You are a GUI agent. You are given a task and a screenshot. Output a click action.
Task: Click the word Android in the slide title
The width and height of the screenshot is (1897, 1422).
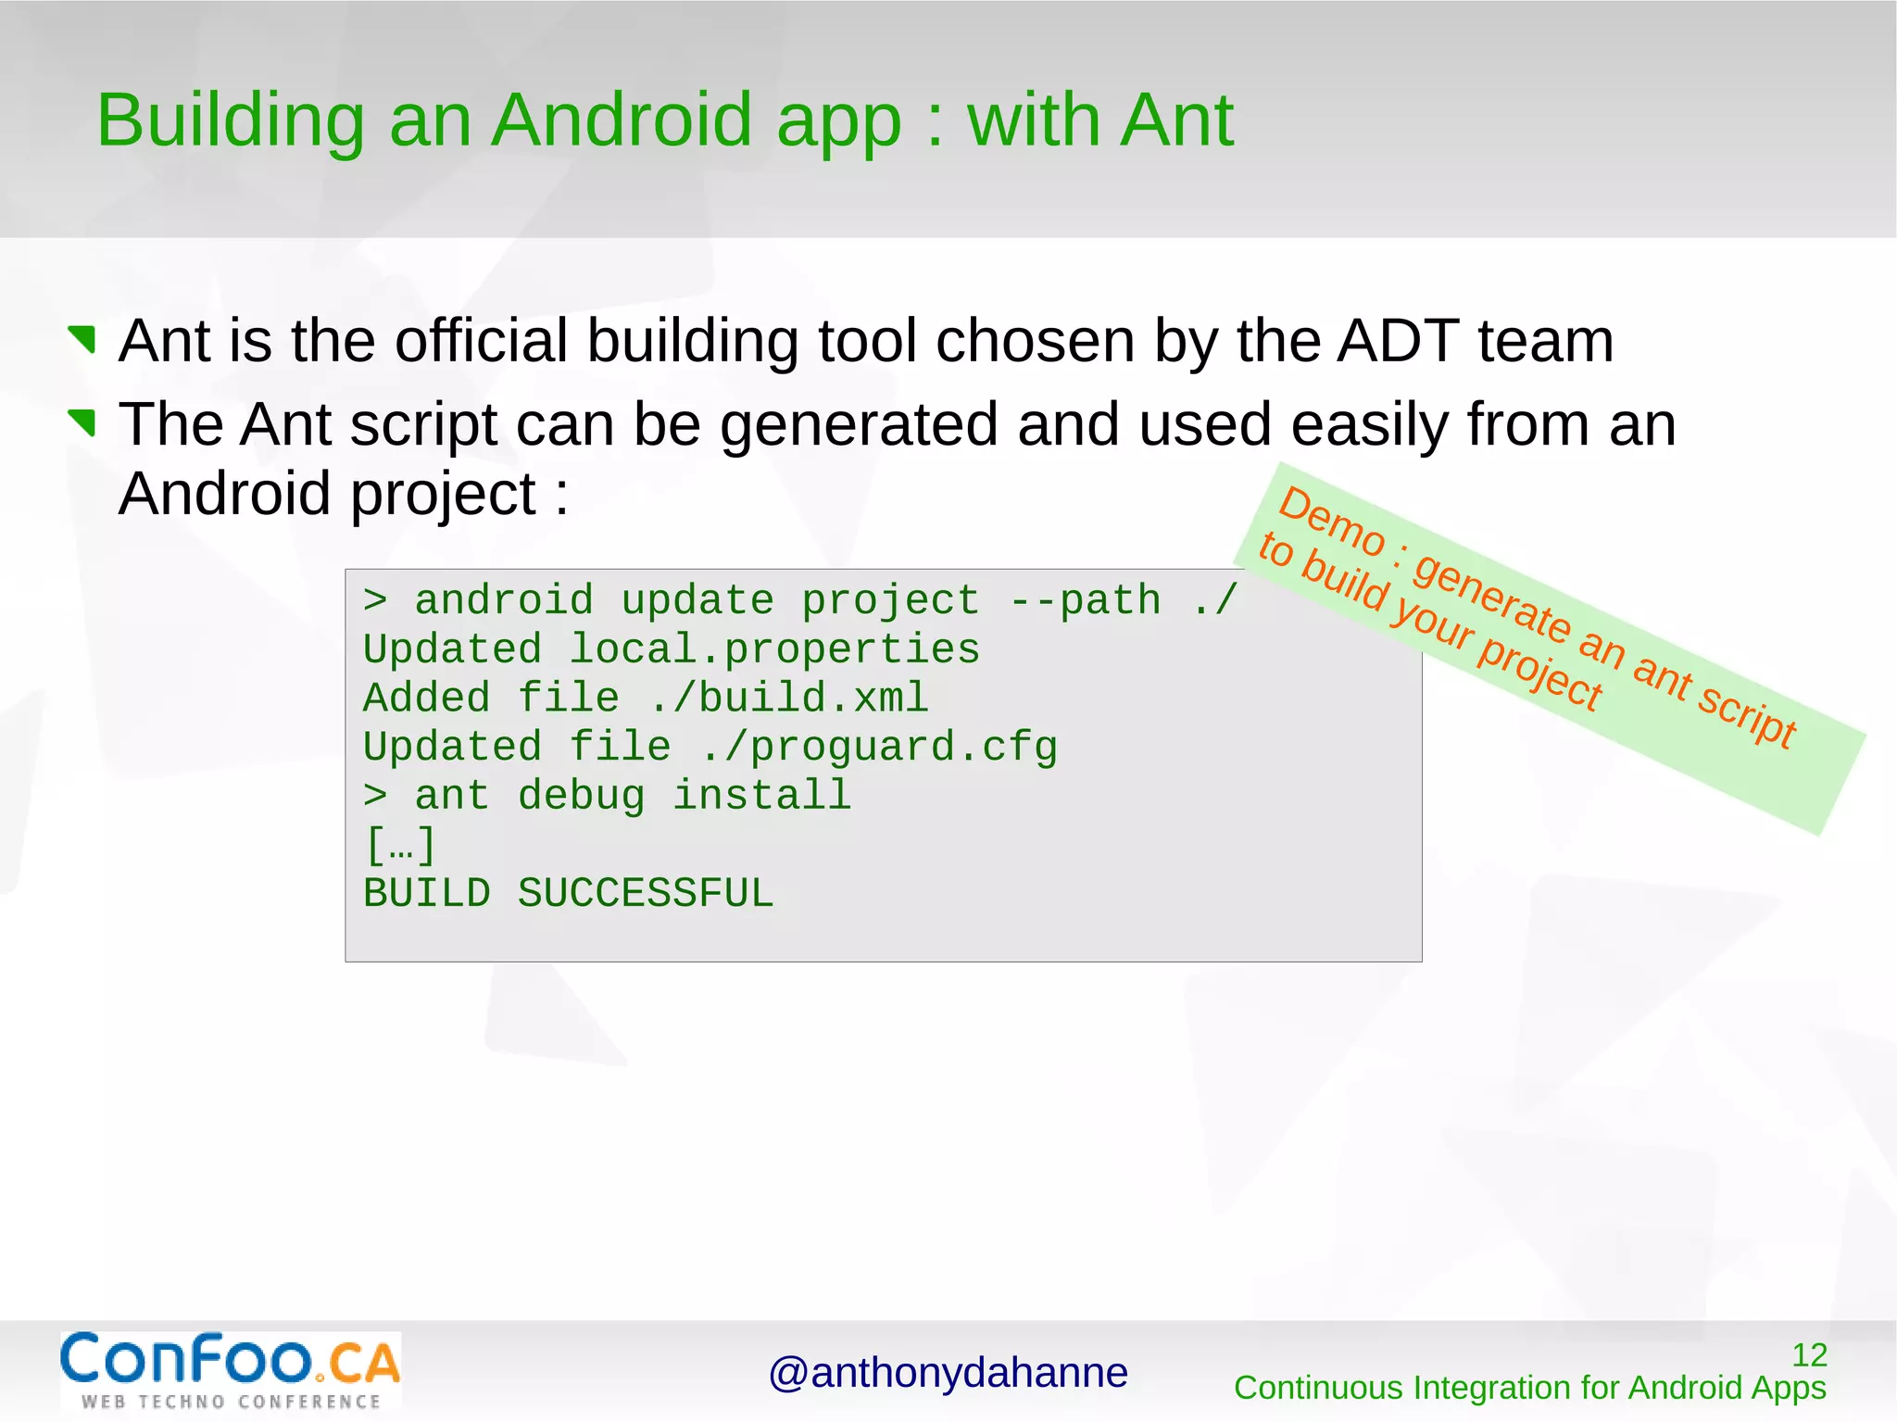pos(621,120)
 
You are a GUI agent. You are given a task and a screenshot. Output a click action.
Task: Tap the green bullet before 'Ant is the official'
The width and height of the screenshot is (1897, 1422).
pos(83,339)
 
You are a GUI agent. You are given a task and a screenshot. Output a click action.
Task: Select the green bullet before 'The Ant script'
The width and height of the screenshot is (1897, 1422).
pos(83,422)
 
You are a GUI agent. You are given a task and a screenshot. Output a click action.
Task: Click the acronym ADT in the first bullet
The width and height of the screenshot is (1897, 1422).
pos(1398,341)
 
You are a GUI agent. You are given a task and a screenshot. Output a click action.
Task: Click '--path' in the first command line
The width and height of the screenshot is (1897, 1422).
pos(1085,600)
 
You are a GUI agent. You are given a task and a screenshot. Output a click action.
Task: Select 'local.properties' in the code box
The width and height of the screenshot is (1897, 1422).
pos(773,649)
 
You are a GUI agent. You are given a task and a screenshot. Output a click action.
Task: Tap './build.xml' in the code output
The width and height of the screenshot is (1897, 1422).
pos(787,698)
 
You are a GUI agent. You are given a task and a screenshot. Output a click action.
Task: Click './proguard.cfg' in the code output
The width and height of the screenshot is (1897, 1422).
pos(878,748)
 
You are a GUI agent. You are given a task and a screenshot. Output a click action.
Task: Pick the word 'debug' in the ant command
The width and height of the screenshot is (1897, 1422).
pos(581,796)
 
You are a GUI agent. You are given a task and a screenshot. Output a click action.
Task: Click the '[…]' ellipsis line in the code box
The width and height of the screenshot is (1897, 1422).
pos(400,845)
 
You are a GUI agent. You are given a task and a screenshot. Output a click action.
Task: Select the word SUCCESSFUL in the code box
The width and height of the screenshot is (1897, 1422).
pos(645,894)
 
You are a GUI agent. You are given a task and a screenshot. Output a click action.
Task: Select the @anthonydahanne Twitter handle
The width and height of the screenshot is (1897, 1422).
pos(948,1373)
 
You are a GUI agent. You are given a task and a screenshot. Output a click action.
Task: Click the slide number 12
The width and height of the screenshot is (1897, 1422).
pos(1808,1355)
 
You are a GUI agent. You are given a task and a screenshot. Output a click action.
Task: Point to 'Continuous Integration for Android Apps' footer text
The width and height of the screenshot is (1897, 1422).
pos(1529,1388)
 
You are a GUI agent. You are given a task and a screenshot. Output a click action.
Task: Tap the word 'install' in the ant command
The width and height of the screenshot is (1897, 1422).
pos(761,796)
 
